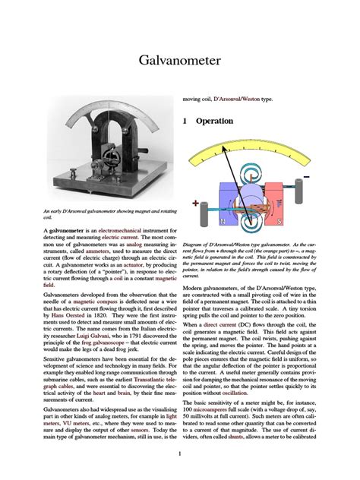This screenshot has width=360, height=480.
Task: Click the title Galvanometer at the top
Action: (179, 62)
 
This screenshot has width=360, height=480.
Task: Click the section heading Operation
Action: (216, 121)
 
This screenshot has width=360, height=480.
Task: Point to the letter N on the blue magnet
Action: (222, 221)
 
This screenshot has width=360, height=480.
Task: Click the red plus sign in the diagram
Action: (195, 204)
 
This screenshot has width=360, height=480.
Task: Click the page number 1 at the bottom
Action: (179, 454)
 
